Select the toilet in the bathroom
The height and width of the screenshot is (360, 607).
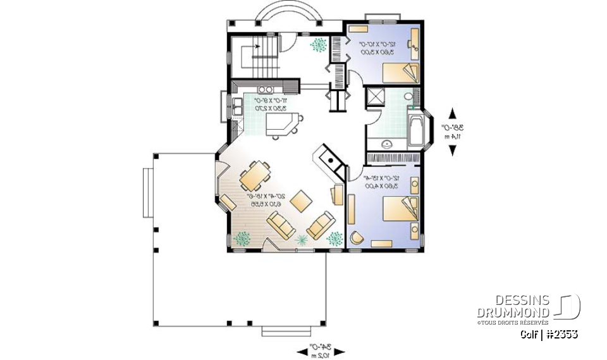(408, 97)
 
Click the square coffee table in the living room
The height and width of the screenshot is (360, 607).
(300, 202)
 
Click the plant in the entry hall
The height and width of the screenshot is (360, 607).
(319, 46)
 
